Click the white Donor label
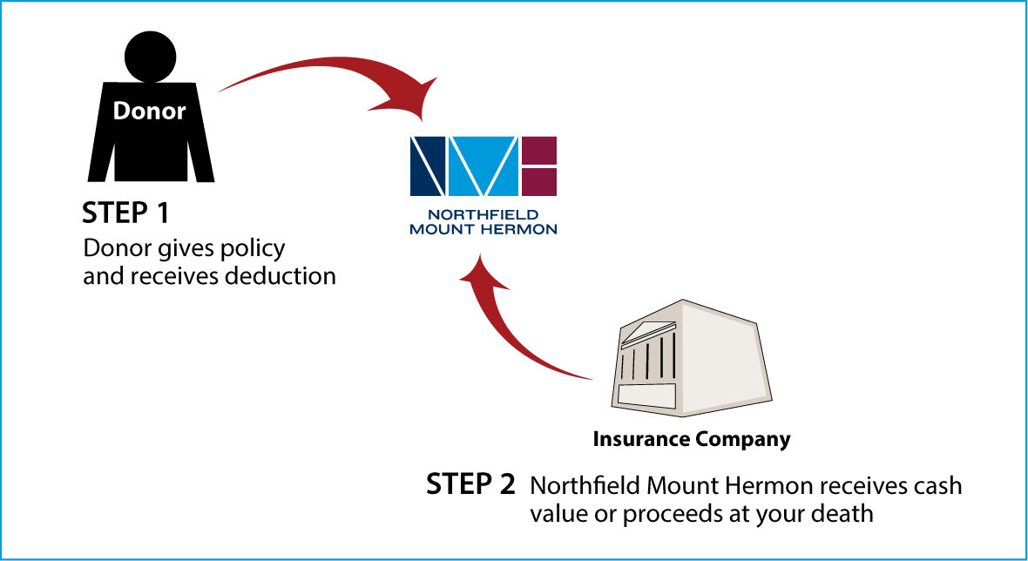tap(149, 112)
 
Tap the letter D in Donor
tap(122, 112)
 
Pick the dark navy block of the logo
tap(428, 166)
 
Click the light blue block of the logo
tap(484, 166)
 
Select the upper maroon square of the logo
tap(539, 149)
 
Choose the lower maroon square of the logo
tap(539, 182)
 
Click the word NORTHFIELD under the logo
tap(484, 214)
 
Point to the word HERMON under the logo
tap(520, 230)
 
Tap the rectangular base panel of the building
tap(646, 395)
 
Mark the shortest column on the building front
tap(622, 366)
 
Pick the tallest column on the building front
tap(673, 357)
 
